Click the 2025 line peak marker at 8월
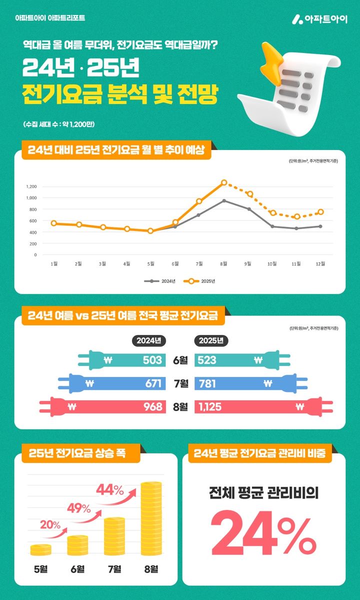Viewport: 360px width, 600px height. tap(224, 183)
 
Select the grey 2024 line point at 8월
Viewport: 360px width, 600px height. tap(224, 201)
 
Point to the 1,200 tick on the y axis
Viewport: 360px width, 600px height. tap(31, 186)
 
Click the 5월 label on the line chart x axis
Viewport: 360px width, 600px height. tap(150, 263)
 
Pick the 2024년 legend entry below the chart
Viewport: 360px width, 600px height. tap(159, 281)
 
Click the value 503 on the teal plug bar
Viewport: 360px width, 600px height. tap(152, 360)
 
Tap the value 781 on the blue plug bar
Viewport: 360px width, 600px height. tap(207, 383)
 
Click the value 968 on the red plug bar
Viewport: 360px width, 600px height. tap(152, 406)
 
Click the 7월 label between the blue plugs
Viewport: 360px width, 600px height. tap(179, 383)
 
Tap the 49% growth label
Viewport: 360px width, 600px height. tap(79, 509)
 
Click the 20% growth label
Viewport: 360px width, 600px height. tap(50, 525)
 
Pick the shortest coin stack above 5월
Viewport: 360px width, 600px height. tap(40, 550)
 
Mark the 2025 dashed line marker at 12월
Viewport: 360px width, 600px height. tap(320, 212)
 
